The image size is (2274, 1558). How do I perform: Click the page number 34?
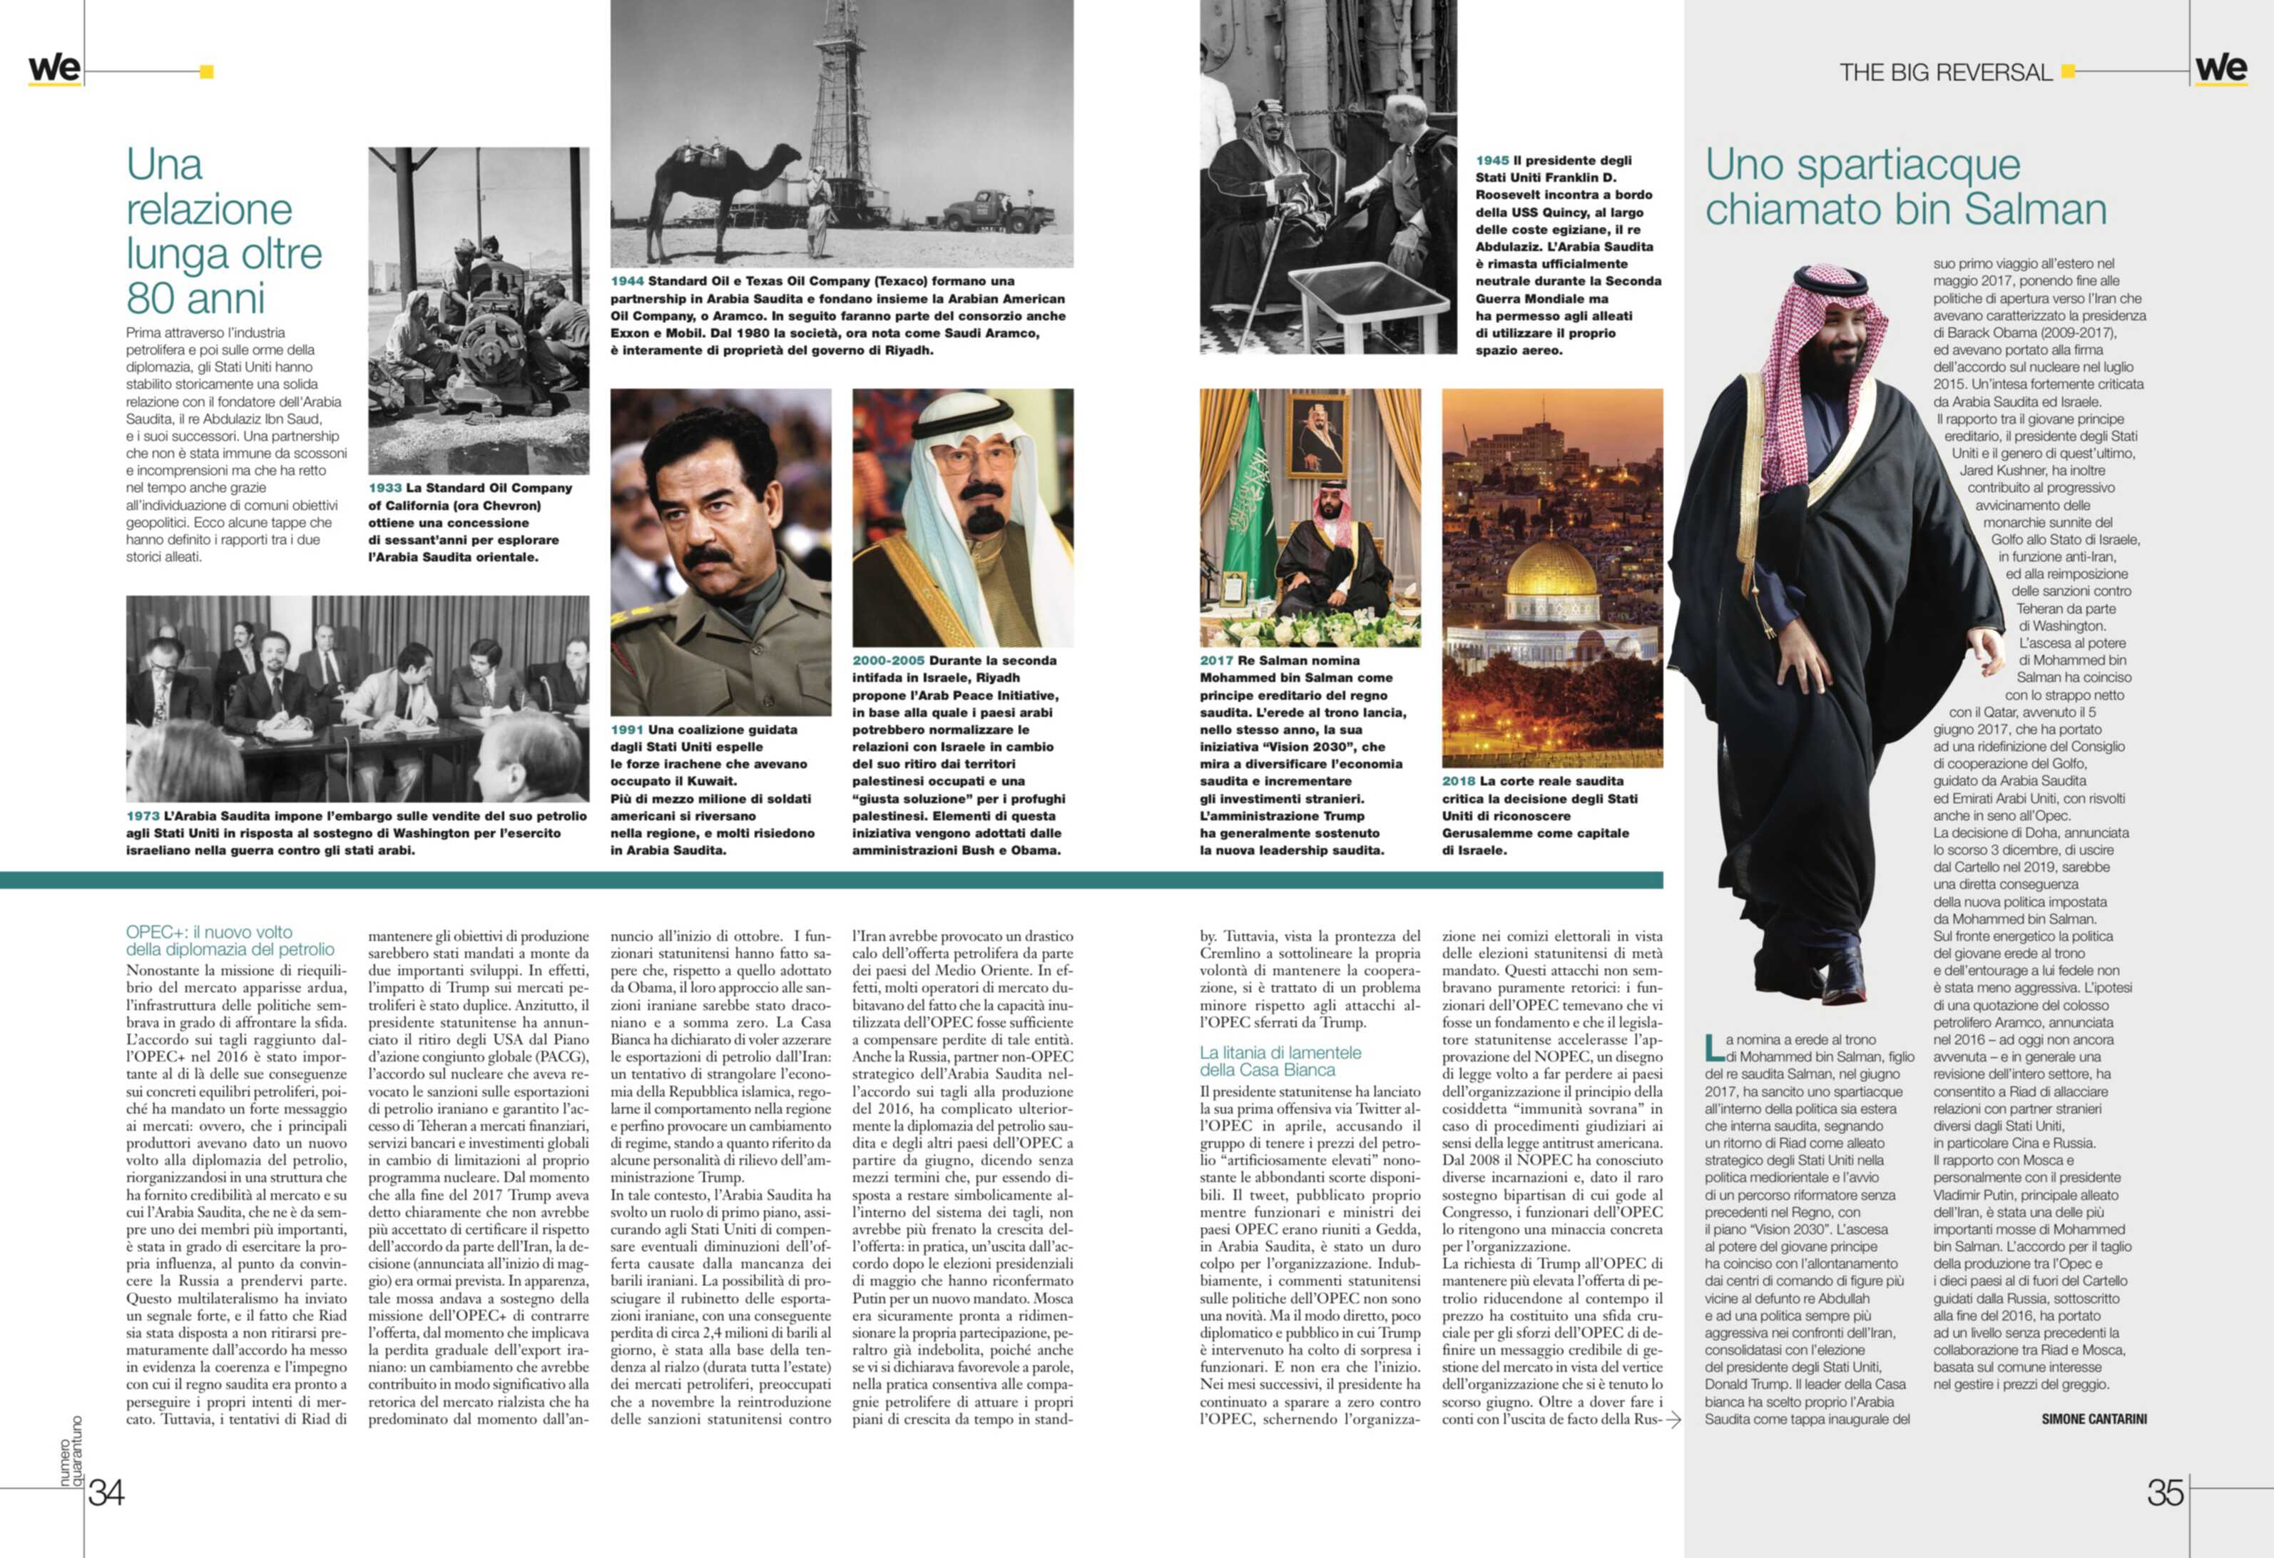pyautogui.click(x=106, y=1492)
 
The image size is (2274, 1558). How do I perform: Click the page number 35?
pyautogui.click(x=2166, y=1492)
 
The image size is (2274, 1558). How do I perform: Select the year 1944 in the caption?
pyautogui.click(x=627, y=281)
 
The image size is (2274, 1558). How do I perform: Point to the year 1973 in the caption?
pyautogui.click(x=143, y=816)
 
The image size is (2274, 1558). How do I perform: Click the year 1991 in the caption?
pyautogui.click(x=627, y=730)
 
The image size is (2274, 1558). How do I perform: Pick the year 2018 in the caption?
pyautogui.click(x=1458, y=782)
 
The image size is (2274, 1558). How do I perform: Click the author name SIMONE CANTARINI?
pyautogui.click(x=2094, y=1419)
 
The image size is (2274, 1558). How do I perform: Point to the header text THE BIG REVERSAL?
pyautogui.click(x=1944, y=73)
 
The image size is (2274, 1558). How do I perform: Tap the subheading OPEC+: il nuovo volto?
pyautogui.click(x=208, y=932)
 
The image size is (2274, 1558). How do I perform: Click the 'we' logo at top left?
pyautogui.click(x=53, y=68)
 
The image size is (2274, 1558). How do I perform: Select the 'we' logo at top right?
pyautogui.click(x=2221, y=68)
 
